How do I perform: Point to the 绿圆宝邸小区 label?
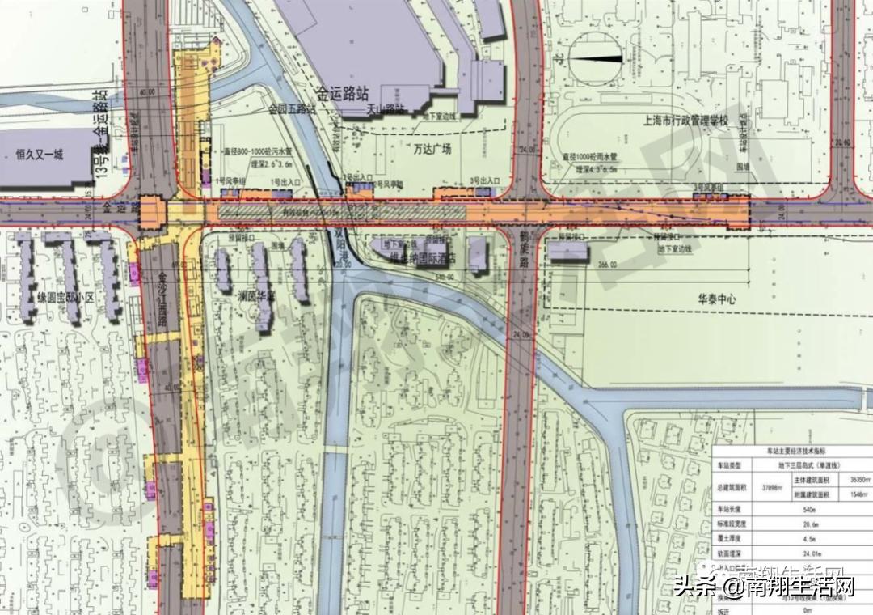click(67, 298)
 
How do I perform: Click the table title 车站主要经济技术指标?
click(791, 450)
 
